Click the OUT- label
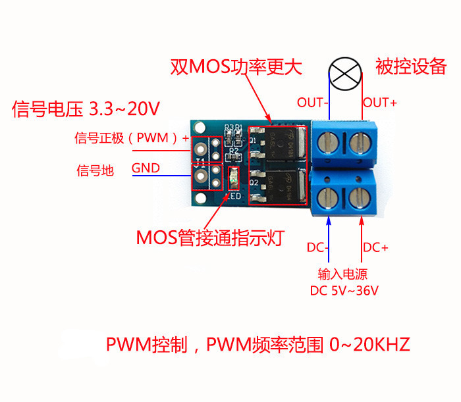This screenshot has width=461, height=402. pos(313,103)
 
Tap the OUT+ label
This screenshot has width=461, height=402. pos(380,103)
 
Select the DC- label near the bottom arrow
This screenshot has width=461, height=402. pos(317,247)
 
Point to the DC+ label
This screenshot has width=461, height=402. pos(375,247)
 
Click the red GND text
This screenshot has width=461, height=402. pos(146,168)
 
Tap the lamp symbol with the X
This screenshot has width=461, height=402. pos(345,74)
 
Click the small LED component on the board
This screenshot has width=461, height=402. pos(234,178)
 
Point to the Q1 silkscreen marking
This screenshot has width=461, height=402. pos(253,140)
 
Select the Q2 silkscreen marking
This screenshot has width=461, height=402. pos(254,182)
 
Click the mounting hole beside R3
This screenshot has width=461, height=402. pos(200,127)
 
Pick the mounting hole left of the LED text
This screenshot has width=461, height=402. pos(200,198)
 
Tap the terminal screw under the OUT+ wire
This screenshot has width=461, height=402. pos(360,143)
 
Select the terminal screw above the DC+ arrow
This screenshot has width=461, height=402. pos(360,197)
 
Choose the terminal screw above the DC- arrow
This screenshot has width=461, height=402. pos(327,197)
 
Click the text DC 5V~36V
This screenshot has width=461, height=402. pos(344,291)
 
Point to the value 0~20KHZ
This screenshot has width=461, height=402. pos(369,344)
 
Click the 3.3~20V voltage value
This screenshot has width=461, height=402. pos(124,109)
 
